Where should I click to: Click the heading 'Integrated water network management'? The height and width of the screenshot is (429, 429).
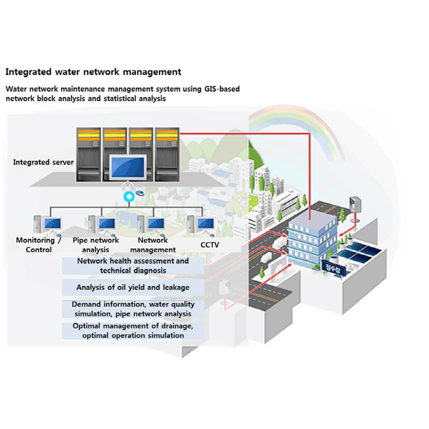point(93,72)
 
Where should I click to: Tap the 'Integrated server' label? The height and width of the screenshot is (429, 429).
point(43,162)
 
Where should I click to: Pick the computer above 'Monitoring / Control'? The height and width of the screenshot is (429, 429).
point(48,224)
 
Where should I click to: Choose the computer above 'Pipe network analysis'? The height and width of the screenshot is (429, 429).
point(102,224)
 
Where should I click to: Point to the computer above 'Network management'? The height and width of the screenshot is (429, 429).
point(151,224)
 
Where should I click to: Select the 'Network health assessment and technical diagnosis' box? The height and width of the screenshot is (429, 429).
point(133,266)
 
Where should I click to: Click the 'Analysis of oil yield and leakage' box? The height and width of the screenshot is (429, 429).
point(133,287)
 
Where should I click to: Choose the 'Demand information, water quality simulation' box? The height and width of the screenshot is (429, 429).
point(133,309)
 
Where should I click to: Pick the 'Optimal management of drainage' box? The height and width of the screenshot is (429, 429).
point(133,330)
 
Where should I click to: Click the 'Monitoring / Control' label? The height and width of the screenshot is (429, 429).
point(39,245)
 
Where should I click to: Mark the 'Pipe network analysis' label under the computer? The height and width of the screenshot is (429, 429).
point(96,245)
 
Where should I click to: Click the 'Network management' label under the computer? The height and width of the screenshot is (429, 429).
point(153,245)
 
